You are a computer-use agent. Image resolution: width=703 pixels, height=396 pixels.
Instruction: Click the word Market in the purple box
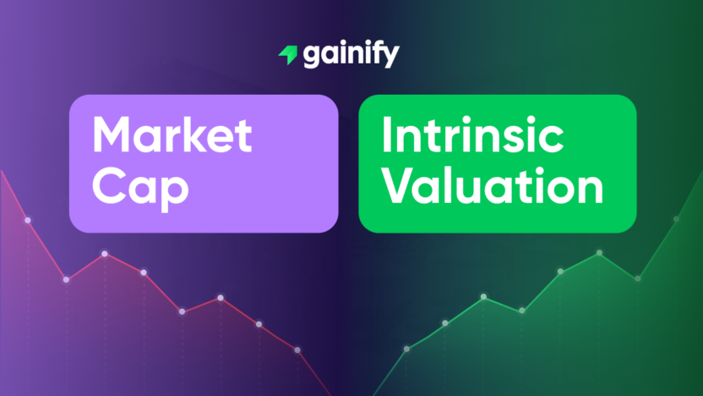pos(172,135)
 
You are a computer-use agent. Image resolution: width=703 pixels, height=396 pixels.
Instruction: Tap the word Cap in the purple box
pos(140,187)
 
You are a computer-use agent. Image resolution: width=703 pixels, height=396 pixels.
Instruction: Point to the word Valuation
pos(493,187)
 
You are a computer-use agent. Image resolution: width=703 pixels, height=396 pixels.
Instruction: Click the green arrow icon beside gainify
pos(287,56)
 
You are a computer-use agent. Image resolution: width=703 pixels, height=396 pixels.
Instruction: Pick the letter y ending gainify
pos(391,58)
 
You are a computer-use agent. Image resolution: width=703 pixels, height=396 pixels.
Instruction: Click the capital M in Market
pos(112,135)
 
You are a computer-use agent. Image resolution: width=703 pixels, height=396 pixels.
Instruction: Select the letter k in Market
pos(202,135)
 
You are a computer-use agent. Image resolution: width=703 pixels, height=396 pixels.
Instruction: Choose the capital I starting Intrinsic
pos(385,135)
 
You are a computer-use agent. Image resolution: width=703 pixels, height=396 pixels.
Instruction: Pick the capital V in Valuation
pos(397,187)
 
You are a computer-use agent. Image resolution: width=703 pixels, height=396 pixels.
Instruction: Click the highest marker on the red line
pos(27,220)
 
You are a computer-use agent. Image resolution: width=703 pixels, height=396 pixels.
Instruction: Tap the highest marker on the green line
pos(676,219)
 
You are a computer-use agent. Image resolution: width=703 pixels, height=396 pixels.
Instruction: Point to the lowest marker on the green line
pos(406,349)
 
